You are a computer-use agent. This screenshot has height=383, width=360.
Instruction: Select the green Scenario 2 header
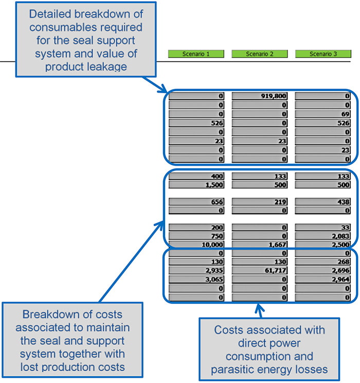pyautogui.click(x=260, y=54)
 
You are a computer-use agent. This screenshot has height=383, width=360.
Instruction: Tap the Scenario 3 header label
pyautogui.click(x=323, y=54)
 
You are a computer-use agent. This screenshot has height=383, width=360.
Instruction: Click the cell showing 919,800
pyautogui.click(x=260, y=96)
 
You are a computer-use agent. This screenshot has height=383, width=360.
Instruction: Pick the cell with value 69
pyautogui.click(x=323, y=114)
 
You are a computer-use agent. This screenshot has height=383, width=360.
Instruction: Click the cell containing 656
pyautogui.click(x=196, y=202)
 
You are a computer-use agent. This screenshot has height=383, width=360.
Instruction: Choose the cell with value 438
pyautogui.click(x=323, y=202)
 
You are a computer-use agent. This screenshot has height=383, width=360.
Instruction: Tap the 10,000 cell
pyautogui.click(x=196, y=243)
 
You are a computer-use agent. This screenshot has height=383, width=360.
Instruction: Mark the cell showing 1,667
pyautogui.click(x=260, y=243)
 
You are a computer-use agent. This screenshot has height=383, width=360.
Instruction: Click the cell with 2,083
pyautogui.click(x=323, y=235)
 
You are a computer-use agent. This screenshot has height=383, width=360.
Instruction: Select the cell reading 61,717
pyautogui.click(x=260, y=270)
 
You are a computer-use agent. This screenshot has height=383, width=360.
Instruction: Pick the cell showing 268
pyautogui.click(x=323, y=262)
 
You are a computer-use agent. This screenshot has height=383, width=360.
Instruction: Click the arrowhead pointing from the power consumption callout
pyautogui.click(x=259, y=307)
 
